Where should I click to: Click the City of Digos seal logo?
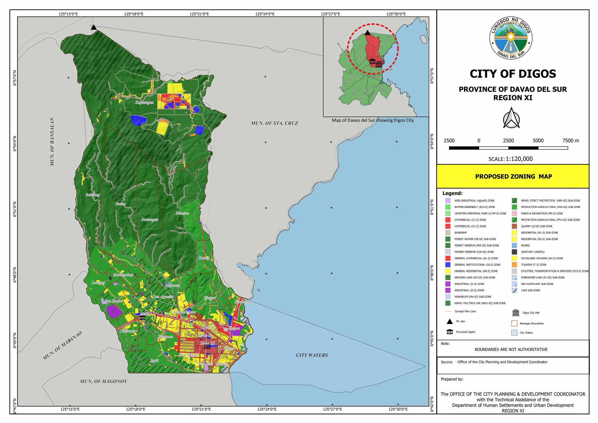pos(511,38)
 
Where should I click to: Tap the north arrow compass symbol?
pos(511,118)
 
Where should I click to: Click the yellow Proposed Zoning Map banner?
pos(513,176)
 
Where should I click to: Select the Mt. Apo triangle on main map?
pos(93,27)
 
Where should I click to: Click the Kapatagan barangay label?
pos(144,103)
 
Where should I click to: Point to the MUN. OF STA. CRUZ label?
pos(274,123)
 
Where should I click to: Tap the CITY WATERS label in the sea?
pos(312,355)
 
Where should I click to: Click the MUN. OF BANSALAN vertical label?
pos(52,142)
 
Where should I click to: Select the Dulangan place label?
pos(150,220)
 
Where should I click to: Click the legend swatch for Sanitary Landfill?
pos(514,252)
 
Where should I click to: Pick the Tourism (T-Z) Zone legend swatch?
pos(514,265)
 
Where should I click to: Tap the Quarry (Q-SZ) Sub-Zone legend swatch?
pos(514,226)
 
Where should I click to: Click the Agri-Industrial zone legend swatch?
pos(448,201)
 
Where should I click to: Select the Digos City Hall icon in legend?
pos(516,313)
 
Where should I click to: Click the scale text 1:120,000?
pos(519,159)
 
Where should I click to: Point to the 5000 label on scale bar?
pos(538,141)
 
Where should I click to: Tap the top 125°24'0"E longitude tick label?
pos(265,14)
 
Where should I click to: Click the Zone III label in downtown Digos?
pos(207,343)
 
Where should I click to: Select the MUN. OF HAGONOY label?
pos(103,381)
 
